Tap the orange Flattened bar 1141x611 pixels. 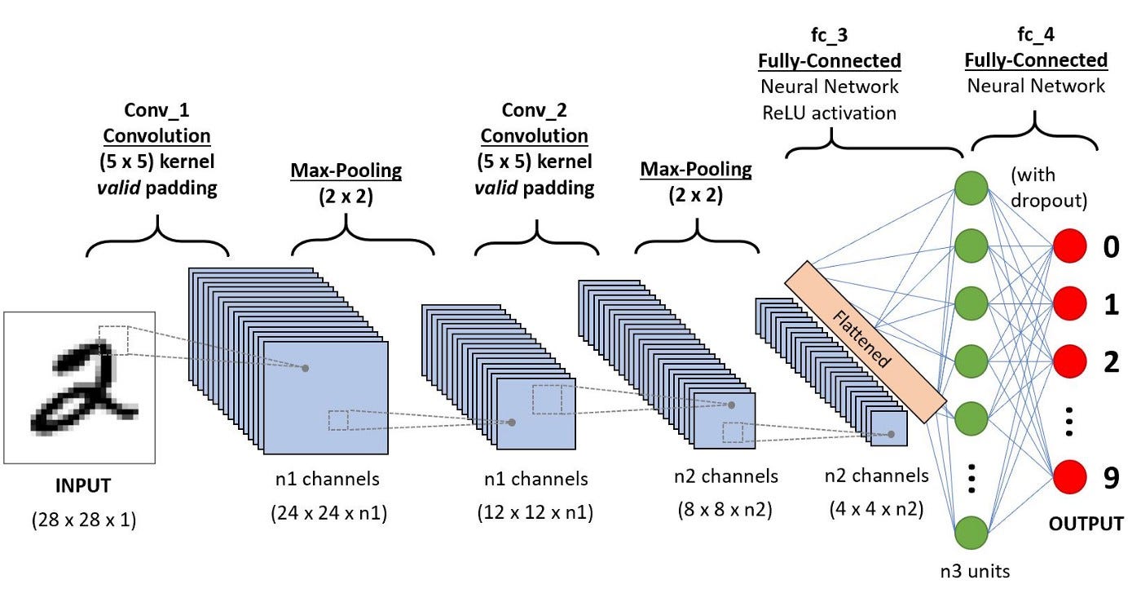click(865, 342)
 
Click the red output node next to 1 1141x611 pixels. click(1071, 303)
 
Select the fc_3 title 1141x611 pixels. click(830, 35)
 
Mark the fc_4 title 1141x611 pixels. click(1036, 35)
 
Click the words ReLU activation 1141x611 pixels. click(830, 112)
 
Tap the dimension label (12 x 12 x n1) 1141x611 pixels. click(534, 513)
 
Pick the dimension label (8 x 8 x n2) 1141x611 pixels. click(725, 511)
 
